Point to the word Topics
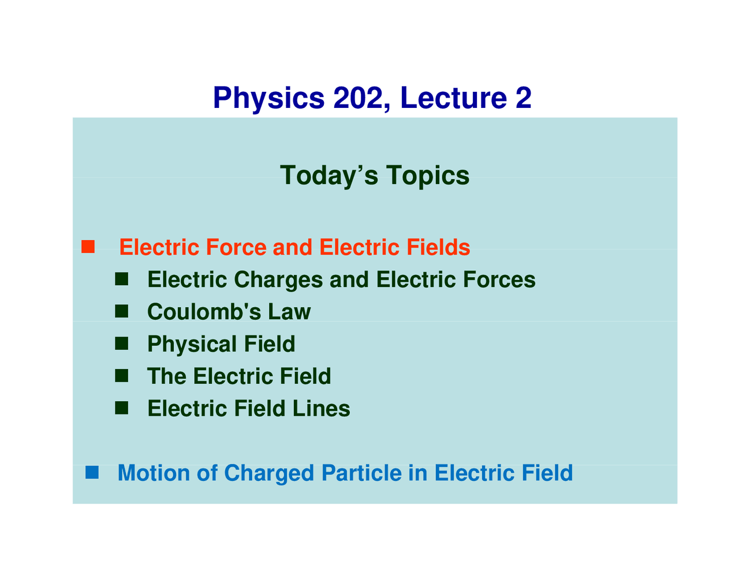(x=428, y=176)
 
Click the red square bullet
(x=88, y=247)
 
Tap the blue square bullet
(x=92, y=472)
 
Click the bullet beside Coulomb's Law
(x=121, y=312)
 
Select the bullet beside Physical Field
(x=121, y=344)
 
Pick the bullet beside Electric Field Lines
(x=121, y=408)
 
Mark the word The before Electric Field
(x=167, y=376)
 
